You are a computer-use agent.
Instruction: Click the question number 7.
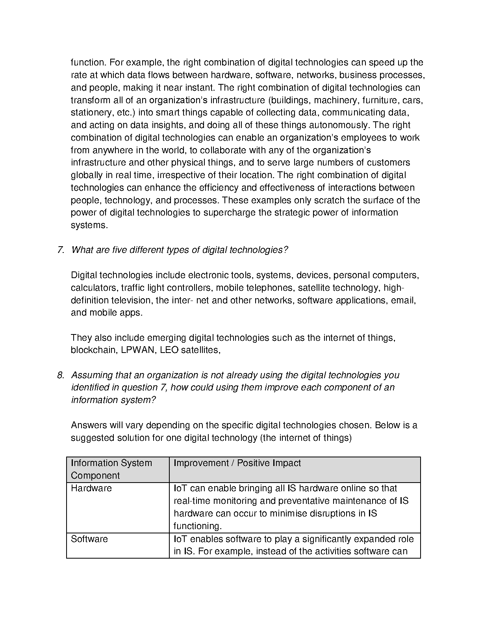(x=60, y=250)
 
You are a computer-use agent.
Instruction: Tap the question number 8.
(x=60, y=375)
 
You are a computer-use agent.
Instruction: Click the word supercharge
(x=224, y=213)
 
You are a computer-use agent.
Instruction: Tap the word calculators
(x=93, y=288)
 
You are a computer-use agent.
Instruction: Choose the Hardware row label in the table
(x=91, y=488)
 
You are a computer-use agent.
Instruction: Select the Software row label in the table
(x=89, y=539)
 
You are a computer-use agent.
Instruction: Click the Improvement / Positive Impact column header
(x=237, y=463)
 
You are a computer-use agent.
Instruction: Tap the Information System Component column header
(x=111, y=469)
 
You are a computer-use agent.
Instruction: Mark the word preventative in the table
(x=300, y=501)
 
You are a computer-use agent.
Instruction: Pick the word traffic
(x=134, y=288)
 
